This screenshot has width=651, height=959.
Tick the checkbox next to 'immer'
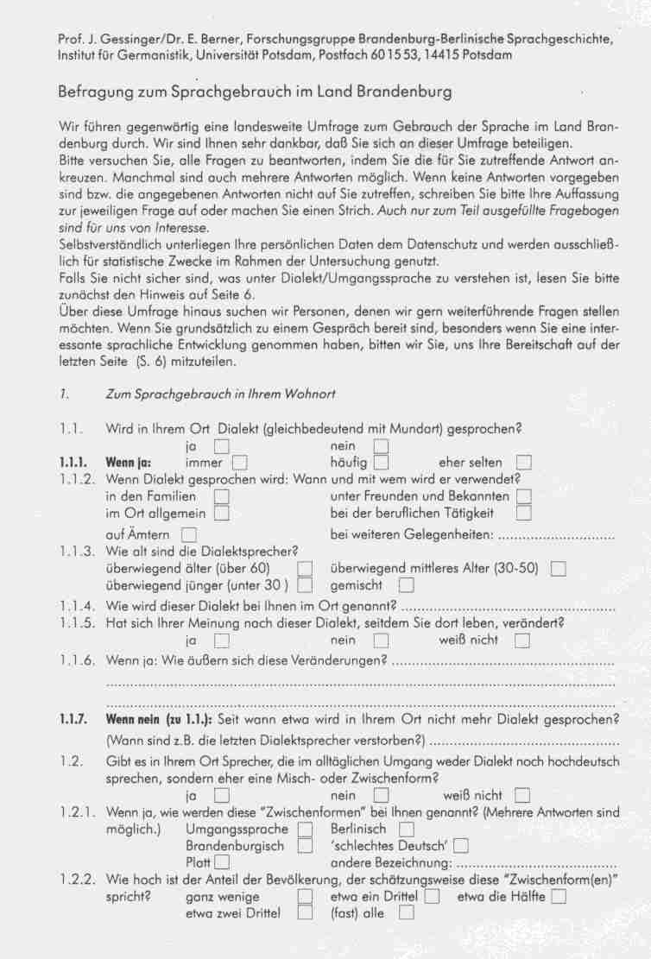pyautogui.click(x=239, y=464)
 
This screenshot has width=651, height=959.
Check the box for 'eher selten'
pyautogui.click(x=523, y=464)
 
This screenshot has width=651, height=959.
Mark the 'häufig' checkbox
pyautogui.click(x=381, y=464)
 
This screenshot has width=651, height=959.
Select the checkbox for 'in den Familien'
pyautogui.click(x=222, y=496)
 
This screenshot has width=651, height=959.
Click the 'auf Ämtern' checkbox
pyautogui.click(x=189, y=536)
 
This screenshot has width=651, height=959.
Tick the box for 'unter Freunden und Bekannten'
pyautogui.click(x=523, y=496)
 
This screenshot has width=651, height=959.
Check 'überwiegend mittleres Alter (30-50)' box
pyautogui.click(x=558, y=569)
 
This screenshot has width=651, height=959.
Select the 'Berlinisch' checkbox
pyautogui.click(x=407, y=830)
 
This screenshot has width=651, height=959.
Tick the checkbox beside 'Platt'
pyautogui.click(x=222, y=862)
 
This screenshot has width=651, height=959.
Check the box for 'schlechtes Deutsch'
pyautogui.click(x=461, y=846)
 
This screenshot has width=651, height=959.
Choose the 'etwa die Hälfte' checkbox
pyautogui.click(x=558, y=897)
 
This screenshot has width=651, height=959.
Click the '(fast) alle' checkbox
pyautogui.click(x=407, y=913)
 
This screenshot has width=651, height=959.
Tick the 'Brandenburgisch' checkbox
pyautogui.click(x=305, y=846)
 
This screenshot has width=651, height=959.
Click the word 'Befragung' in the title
pyautogui.click(x=92, y=91)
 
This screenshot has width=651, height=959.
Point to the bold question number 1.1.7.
pyautogui.click(x=73, y=719)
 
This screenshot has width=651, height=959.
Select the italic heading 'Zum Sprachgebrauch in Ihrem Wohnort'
pyautogui.click(x=220, y=394)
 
